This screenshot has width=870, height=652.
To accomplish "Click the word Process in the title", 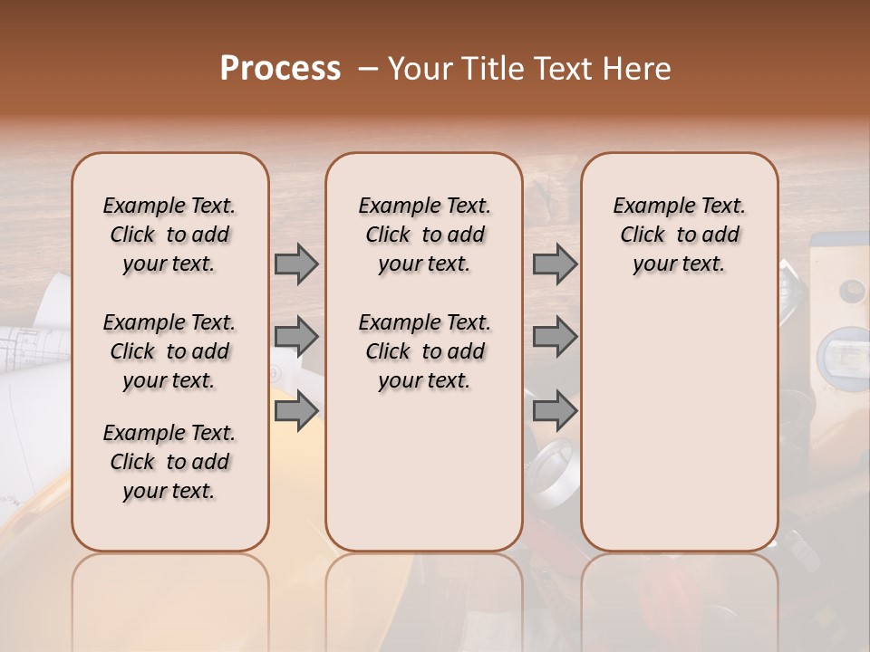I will click(280, 69).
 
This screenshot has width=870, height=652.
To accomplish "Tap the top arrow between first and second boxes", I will click(296, 264).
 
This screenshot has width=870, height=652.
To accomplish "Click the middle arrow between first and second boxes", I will click(296, 337).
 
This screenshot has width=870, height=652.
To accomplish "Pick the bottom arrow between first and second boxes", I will click(296, 410).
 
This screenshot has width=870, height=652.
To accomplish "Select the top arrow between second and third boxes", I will click(555, 264).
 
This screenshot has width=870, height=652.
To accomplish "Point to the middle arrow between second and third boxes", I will click(555, 337).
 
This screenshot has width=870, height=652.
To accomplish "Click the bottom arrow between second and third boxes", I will click(555, 410).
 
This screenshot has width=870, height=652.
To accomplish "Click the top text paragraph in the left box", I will click(169, 235).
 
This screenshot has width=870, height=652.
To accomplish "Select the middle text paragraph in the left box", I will click(169, 351).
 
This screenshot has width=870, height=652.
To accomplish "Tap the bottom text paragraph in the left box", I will click(169, 462).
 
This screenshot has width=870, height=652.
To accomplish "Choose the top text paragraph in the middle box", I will click(424, 235).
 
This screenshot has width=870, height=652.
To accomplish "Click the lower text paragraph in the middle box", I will click(424, 351).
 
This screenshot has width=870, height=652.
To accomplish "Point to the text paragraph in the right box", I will click(679, 235).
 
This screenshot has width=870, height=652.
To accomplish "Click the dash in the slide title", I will click(368, 69).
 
